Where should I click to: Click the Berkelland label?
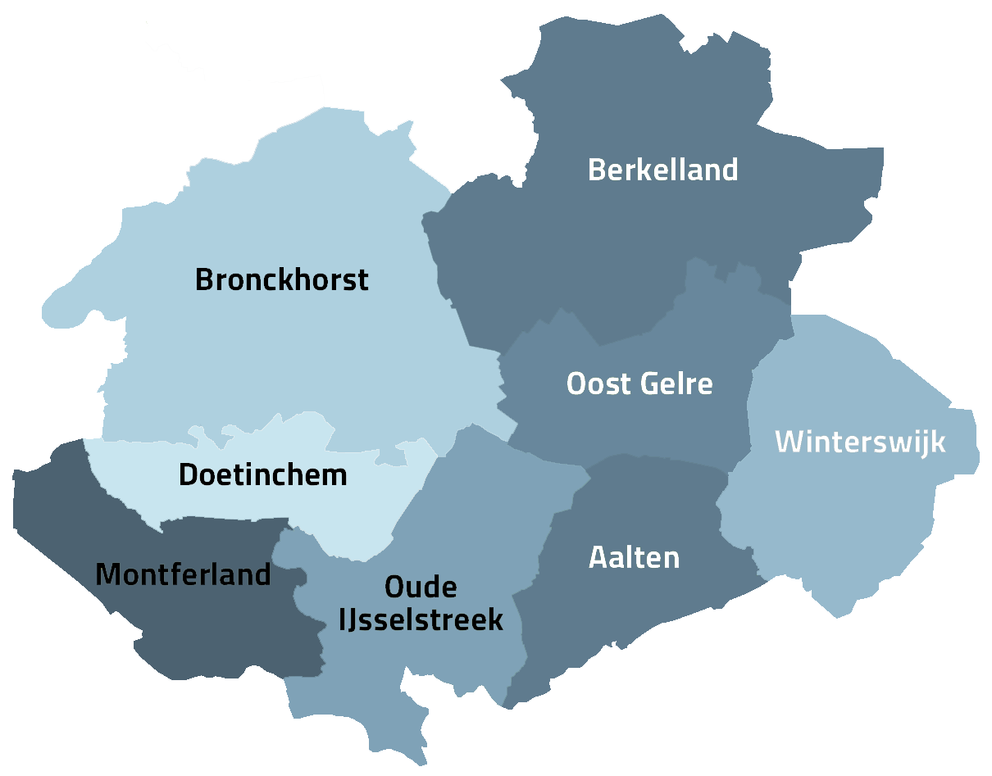(662, 170)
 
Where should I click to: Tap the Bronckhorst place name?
(281, 280)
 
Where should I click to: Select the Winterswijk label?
(860, 442)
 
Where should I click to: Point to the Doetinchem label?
(262, 475)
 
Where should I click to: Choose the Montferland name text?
(183, 575)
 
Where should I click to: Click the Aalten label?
(634, 558)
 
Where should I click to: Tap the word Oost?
(598, 384)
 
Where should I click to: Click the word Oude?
(421, 588)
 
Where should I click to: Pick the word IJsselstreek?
(421, 620)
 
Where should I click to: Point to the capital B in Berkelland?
(598, 170)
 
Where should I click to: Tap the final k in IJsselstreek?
(495, 620)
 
